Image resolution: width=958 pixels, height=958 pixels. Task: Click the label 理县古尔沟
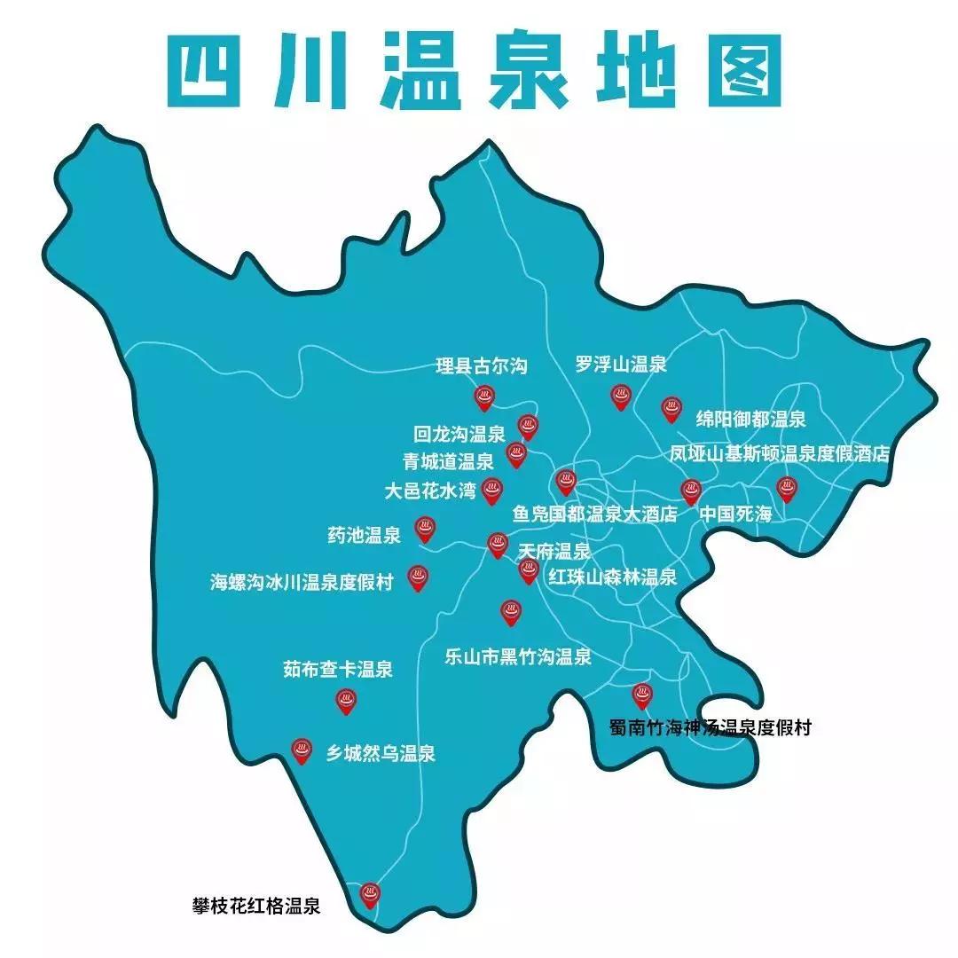[483, 365]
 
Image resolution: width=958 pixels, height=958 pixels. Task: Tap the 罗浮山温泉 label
[620, 363]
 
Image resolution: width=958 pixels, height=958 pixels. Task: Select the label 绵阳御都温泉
[750, 419]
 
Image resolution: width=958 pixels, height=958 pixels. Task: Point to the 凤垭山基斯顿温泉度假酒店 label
[779, 454]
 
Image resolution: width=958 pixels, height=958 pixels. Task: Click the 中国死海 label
[735, 514]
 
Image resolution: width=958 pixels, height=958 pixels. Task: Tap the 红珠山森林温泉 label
[612, 577]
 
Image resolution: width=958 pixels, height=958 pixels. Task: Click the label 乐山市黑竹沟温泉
[518, 657]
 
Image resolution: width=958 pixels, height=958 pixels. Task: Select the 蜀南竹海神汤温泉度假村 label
[710, 728]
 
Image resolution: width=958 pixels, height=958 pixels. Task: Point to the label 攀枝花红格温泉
[256, 907]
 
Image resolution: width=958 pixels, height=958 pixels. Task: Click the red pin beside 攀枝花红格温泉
[369, 894]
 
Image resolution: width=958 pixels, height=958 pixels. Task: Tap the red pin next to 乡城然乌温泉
[302, 750]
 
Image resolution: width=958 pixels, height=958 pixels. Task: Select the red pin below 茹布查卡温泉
[346, 702]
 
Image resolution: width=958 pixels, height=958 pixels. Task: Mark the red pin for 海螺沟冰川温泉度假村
[417, 578]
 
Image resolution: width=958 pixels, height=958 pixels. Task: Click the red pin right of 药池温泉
[424, 530]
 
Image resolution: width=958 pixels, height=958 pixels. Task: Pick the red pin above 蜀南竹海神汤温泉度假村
[640, 695]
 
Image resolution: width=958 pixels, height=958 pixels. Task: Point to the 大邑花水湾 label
[430, 489]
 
